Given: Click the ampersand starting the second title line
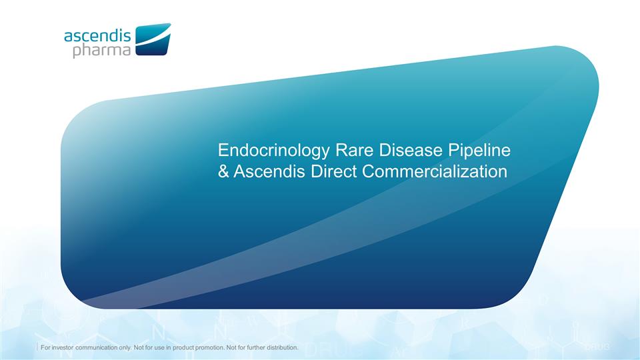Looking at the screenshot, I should click(x=225, y=171).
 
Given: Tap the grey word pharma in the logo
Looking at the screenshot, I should click(x=102, y=51).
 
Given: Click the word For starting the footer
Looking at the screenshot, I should click(x=47, y=348).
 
